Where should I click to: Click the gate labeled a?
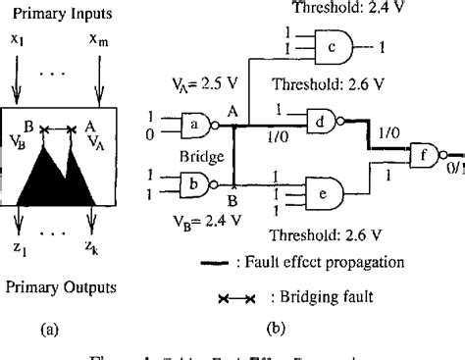point(189,126)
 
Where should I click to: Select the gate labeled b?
point(189,182)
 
